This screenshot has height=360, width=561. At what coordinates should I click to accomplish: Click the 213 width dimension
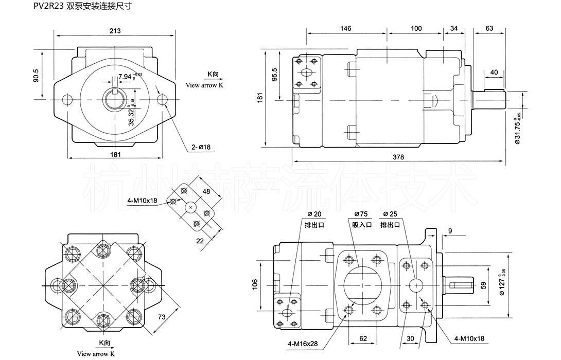[x=115, y=31]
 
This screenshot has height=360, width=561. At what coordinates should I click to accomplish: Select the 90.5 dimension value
[x=36, y=75]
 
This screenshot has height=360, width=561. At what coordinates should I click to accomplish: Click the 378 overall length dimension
[x=397, y=156]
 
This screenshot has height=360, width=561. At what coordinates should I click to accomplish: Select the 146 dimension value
[x=346, y=28]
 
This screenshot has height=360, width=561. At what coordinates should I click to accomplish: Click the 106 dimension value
[x=255, y=285]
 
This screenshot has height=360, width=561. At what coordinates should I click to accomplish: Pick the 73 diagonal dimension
[x=161, y=317]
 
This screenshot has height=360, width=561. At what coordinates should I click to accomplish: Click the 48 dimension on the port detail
[x=207, y=191]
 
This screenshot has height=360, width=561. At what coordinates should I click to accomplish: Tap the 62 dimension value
[x=364, y=338]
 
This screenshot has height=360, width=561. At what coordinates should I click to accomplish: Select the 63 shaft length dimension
[x=489, y=28]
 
